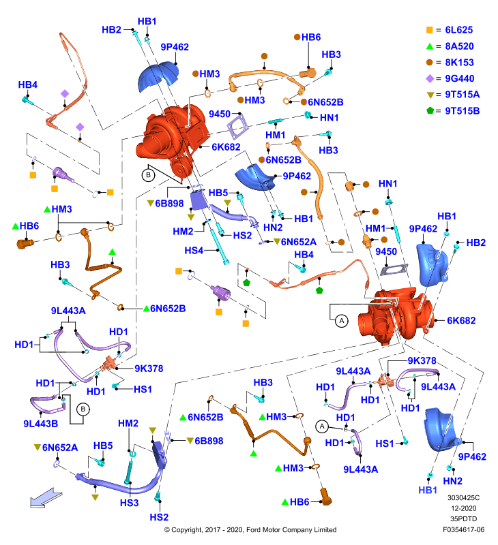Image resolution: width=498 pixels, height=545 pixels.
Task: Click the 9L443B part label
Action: coord(40,424)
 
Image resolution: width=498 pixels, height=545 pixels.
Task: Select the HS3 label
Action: coord(129,503)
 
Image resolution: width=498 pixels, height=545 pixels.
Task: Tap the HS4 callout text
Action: coord(194,250)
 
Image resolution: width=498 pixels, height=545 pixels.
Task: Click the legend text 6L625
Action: coord(459,30)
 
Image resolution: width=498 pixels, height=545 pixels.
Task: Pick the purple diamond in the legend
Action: coord(430,78)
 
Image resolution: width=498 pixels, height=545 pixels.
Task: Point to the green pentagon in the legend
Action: coord(430,110)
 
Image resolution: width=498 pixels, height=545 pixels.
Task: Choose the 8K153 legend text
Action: coord(459,63)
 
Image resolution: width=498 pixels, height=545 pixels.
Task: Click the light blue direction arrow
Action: coord(46,498)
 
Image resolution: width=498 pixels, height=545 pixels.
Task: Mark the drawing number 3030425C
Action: coord(463,498)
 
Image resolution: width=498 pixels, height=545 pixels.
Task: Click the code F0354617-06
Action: coord(463,530)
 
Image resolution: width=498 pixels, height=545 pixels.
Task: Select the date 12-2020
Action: coord(463,508)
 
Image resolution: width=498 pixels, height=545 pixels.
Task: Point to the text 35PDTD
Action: coord(463,519)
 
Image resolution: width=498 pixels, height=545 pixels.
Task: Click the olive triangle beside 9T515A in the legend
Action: coord(430,95)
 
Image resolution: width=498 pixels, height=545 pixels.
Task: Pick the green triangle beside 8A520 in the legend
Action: coord(430,46)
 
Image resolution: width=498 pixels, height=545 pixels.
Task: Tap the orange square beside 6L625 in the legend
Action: coord(430,30)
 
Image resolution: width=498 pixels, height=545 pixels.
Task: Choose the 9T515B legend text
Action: coord(463,111)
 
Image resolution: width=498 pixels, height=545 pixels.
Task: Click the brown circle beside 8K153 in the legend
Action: coord(430,62)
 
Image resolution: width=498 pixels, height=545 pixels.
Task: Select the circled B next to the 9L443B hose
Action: coord(83,409)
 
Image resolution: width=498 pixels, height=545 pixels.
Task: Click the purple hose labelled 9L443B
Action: coord(47,405)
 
